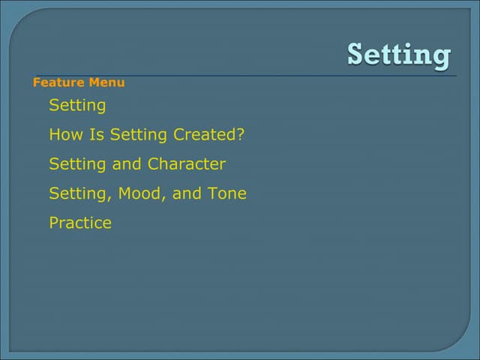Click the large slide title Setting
pyautogui.click(x=399, y=55)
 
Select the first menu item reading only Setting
pyautogui.click(x=77, y=106)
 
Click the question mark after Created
pyautogui.click(x=241, y=135)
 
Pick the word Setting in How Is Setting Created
pyautogui.click(x=139, y=135)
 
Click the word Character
pyautogui.click(x=187, y=164)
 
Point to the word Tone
pyautogui.click(x=227, y=193)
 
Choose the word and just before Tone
pyautogui.click(x=187, y=193)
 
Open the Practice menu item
pyautogui.click(x=80, y=223)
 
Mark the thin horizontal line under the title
pyautogui.click(x=247, y=76)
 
